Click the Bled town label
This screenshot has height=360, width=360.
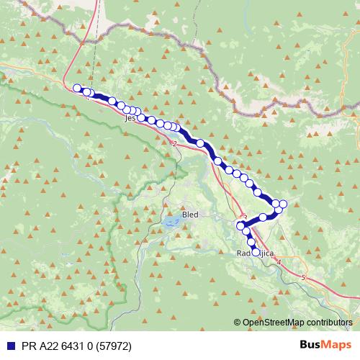point(191,215)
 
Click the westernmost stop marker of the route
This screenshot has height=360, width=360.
point(77,88)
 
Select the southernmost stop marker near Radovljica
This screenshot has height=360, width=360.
point(255,252)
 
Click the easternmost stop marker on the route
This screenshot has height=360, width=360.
point(283,204)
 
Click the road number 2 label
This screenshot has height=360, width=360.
point(175,143)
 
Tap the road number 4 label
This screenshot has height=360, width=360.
point(279,262)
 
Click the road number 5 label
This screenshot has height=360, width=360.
point(304,277)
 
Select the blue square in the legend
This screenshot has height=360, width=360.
point(8,345)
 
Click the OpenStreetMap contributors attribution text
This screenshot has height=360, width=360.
point(296,322)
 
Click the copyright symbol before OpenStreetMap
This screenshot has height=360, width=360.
point(237,322)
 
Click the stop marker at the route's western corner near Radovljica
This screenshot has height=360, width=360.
point(242,226)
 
